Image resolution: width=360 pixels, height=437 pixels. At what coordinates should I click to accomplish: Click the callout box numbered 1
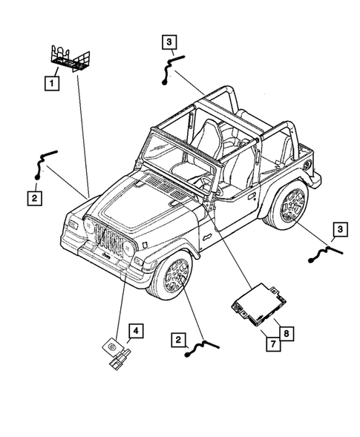coord(50,82)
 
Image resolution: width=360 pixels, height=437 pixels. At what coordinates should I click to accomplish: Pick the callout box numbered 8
coord(286,333)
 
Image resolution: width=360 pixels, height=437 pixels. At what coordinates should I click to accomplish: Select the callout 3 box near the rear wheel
coord(338,230)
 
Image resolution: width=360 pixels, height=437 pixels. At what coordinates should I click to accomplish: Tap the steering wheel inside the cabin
coord(200,179)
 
